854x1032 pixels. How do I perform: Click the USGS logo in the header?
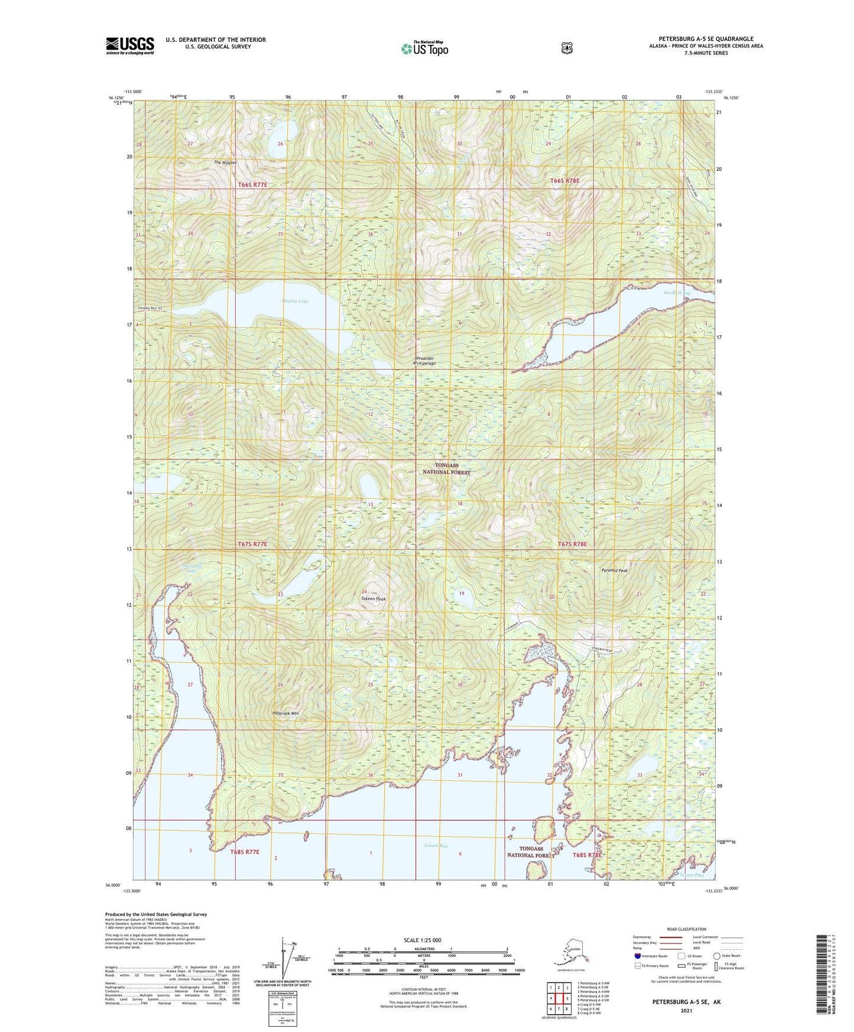130,45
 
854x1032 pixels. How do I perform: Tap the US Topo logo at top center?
424,48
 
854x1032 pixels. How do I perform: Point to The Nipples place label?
225,163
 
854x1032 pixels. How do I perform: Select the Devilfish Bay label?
677,293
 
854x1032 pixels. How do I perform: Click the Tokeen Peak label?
374,599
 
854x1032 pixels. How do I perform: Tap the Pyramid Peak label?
615,570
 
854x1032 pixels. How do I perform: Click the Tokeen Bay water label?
436,846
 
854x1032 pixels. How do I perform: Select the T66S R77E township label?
253,185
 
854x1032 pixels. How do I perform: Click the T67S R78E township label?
573,544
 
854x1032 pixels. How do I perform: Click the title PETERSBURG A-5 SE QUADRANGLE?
706,39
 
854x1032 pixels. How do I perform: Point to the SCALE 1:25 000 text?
422,940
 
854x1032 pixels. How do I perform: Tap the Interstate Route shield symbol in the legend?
637,956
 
